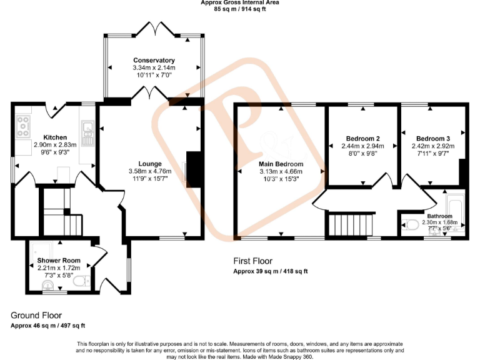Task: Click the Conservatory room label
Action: (154, 60)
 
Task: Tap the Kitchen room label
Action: (55, 137)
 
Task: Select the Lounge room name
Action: (150, 146)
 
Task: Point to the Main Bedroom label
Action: (281, 164)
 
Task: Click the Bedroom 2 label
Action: (363, 138)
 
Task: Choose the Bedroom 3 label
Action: (432, 138)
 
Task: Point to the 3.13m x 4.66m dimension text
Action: (281, 172)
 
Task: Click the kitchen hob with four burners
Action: (24, 127)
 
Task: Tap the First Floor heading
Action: (252, 261)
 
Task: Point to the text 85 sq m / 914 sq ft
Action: (240, 9)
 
